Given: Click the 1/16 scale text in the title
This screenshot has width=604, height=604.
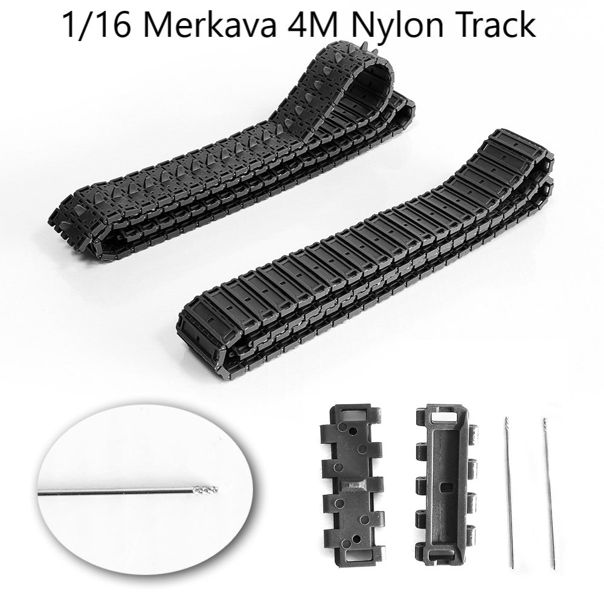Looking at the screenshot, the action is [x=96, y=24].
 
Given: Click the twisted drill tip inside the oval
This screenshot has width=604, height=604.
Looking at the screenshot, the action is [x=206, y=490].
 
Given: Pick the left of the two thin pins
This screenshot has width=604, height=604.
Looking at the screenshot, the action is [x=509, y=492].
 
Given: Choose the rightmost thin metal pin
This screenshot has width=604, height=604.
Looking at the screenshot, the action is [x=549, y=493].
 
